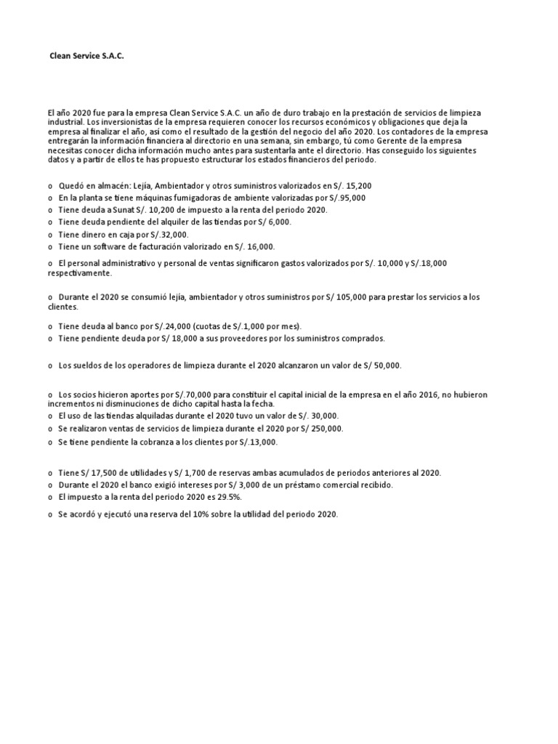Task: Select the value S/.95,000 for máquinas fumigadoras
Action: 347,198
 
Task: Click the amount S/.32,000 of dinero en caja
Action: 169,235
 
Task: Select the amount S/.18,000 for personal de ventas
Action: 426,262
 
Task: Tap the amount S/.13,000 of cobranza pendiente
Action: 257,442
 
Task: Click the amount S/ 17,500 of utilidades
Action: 98,472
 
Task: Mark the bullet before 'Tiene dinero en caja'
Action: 51,235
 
